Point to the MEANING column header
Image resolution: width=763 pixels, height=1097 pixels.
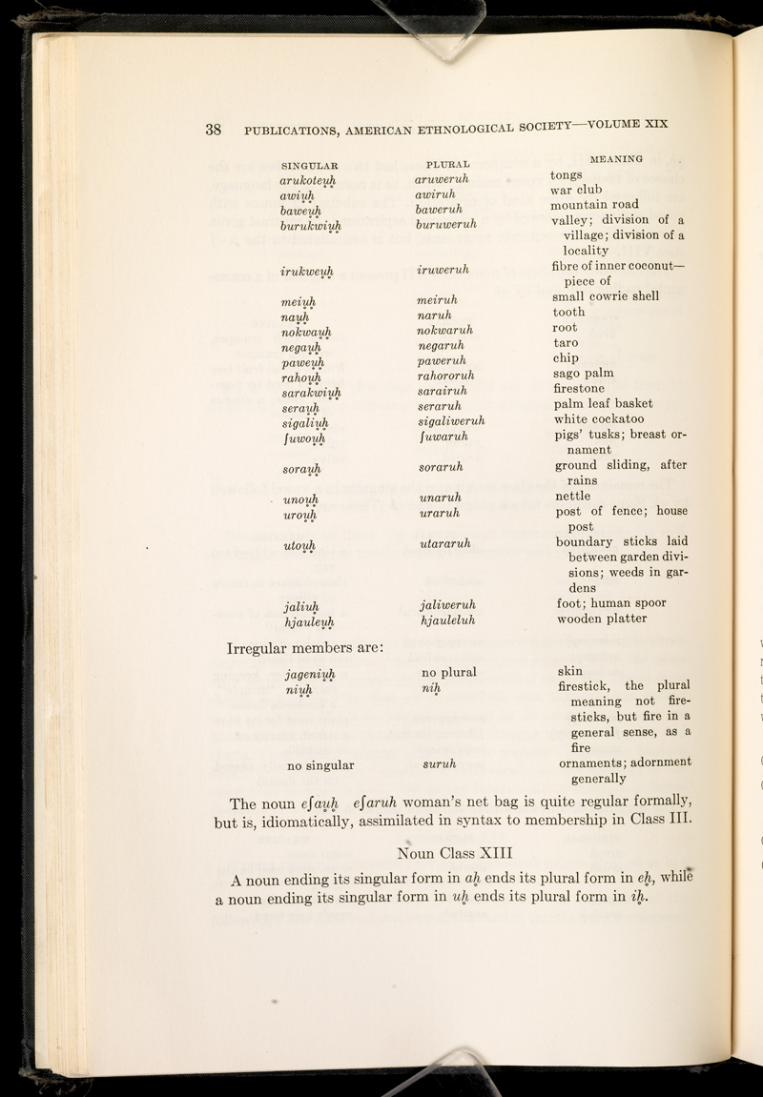[x=616, y=157]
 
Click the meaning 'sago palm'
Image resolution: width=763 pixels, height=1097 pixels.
[x=583, y=373]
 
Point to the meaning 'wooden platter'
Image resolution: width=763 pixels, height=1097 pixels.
[x=602, y=619]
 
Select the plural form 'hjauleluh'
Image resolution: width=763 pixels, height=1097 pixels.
[x=447, y=620]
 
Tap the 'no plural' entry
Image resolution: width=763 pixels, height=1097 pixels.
[x=448, y=672]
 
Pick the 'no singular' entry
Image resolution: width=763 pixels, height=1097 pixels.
[x=320, y=737]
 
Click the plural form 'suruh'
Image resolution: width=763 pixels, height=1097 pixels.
[x=440, y=737]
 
